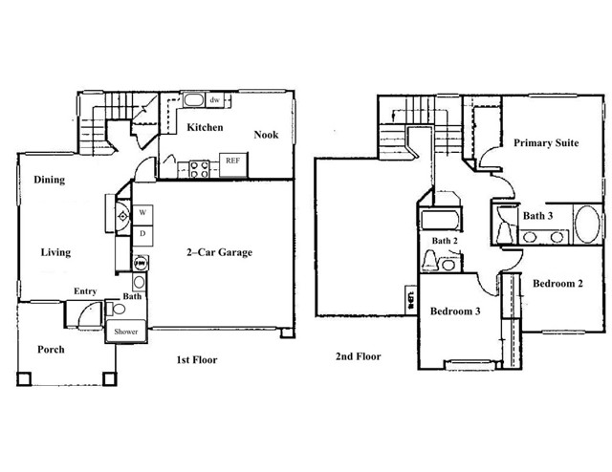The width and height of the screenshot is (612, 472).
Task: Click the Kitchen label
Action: [205, 127]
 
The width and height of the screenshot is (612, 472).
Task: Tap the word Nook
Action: [266, 135]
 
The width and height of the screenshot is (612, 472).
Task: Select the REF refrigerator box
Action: [231, 161]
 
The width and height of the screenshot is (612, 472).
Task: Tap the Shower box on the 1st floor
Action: [127, 332]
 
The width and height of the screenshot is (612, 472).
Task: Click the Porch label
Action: [51, 350]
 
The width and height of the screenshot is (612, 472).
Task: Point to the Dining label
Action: [49, 180]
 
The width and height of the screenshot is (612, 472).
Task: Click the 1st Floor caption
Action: [196, 360]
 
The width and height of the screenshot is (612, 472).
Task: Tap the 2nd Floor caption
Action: [358, 356]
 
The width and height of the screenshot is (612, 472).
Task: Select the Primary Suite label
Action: [545, 143]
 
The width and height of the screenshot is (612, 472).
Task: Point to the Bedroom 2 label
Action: [557, 284]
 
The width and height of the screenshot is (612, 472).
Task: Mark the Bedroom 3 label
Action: [454, 312]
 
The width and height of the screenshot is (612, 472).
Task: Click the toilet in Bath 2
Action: [430, 261]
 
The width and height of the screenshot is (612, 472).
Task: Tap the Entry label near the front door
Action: [85, 291]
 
